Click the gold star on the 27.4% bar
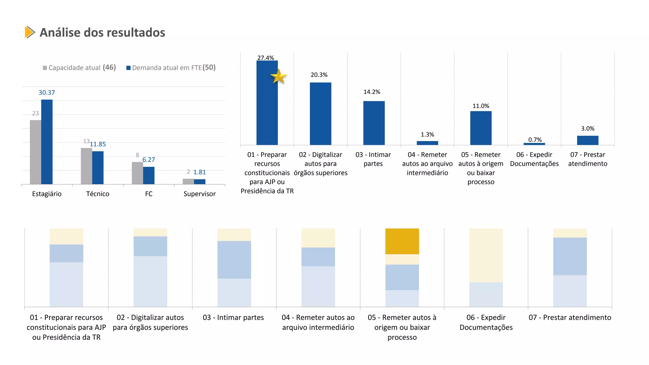279,77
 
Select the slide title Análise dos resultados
102,33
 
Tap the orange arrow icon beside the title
29,32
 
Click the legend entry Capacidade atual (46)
79,68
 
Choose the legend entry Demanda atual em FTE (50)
171,68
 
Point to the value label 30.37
47,93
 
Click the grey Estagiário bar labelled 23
35,152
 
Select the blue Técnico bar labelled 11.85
98,168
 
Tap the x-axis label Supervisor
199,194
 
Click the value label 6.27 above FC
149,160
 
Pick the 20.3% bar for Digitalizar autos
320,114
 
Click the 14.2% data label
372,92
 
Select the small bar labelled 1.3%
427,143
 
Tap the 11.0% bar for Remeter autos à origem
481,128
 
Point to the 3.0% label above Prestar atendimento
588,129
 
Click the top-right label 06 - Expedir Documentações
534,159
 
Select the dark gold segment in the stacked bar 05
402,241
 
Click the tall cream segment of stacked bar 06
486,255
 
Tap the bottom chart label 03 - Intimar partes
233,317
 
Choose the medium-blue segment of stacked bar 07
570,256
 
